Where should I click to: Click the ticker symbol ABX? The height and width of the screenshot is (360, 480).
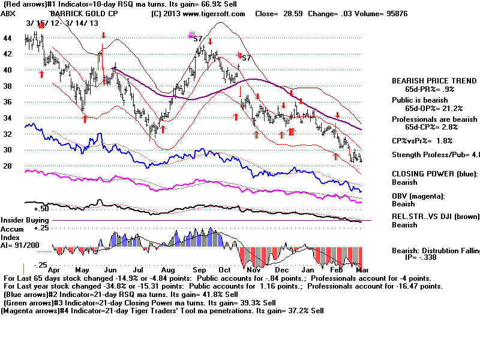pyautogui.click(x=8, y=13)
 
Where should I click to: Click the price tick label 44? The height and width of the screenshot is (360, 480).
pyautogui.click(x=8, y=38)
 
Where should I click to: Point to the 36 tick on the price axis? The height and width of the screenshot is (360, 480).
pyautogui.click(x=8, y=102)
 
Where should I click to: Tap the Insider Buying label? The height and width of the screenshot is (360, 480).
pyautogui.click(x=24, y=221)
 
